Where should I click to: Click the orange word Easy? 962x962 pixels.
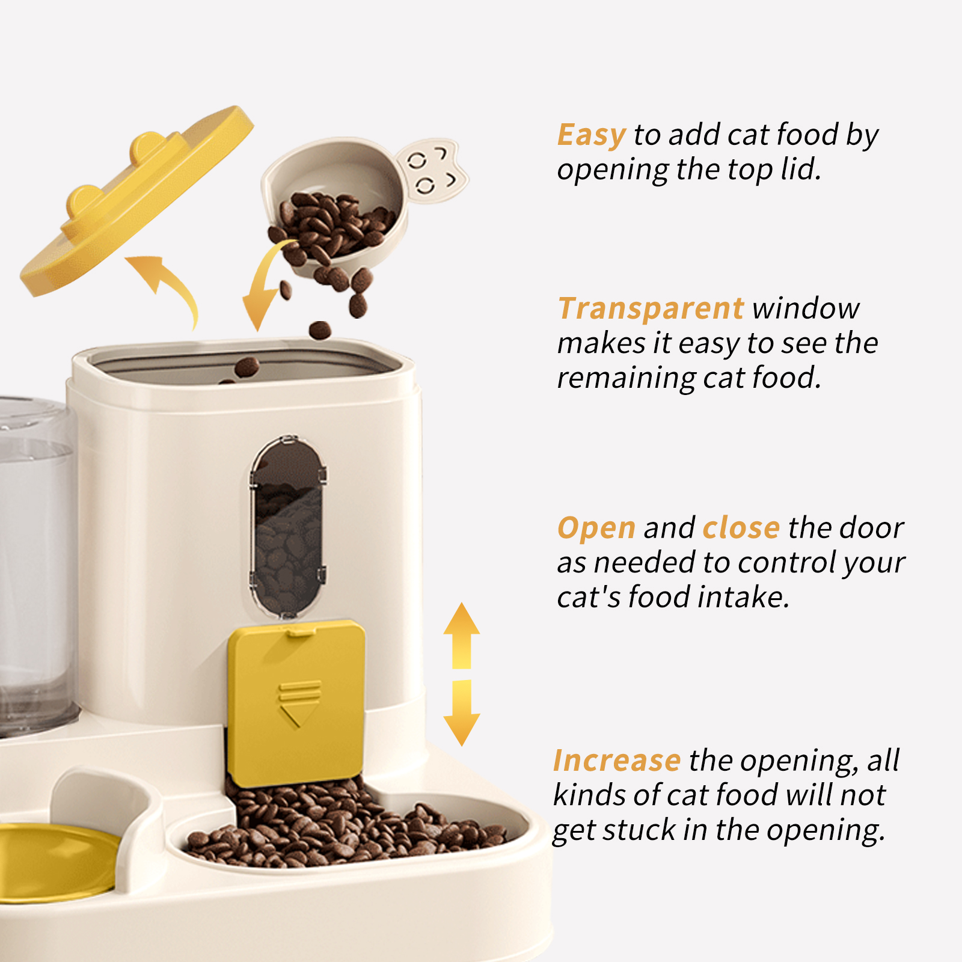591,135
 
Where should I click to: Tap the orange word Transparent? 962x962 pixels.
651,308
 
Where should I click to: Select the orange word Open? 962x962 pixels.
596,528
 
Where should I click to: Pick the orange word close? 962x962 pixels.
741,528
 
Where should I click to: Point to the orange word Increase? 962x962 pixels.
616,761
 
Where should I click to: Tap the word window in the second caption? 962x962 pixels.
806,308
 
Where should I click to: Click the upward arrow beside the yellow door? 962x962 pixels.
461,634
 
